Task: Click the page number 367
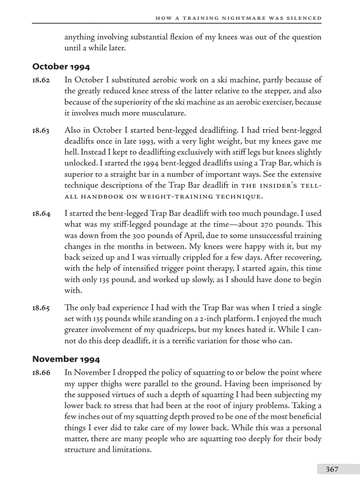[332, 469]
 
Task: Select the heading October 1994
[61, 67]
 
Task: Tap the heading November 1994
[66, 359]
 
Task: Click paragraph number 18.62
[41, 80]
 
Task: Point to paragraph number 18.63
[41, 131]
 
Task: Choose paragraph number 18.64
[41, 214]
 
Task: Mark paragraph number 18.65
[41, 308]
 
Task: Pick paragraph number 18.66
[41, 373]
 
